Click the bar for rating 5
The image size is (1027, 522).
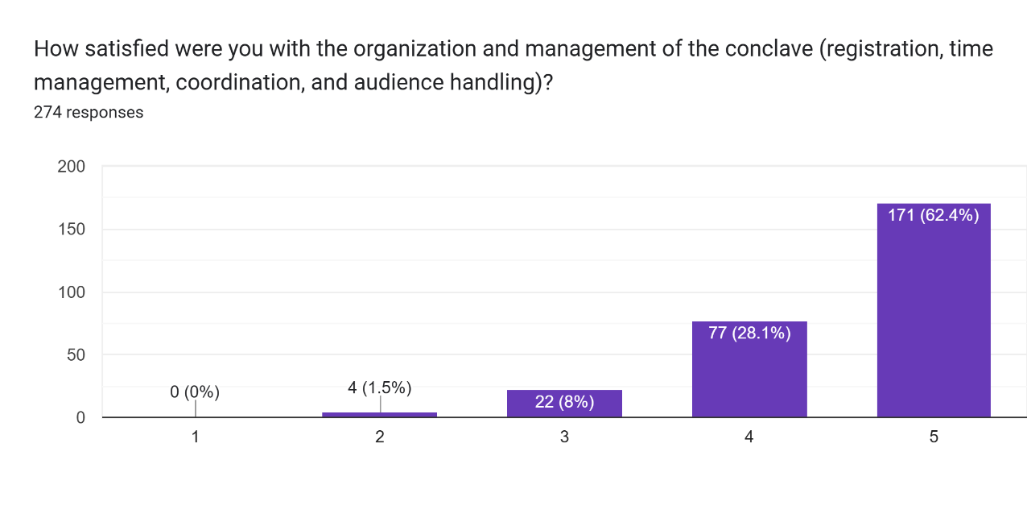pyautogui.click(x=934, y=322)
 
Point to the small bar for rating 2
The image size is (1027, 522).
pyautogui.click(x=379, y=415)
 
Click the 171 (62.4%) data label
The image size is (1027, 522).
pyautogui.click(x=934, y=215)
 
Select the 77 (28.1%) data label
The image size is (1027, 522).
pyautogui.click(x=749, y=333)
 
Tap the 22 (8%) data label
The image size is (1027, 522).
pyautogui.click(x=564, y=401)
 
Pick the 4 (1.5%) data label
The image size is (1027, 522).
pyautogui.click(x=379, y=387)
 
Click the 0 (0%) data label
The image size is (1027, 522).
pyautogui.click(x=195, y=392)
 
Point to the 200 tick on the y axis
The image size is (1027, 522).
pyautogui.click(x=71, y=167)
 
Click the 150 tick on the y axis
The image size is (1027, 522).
pyautogui.click(x=71, y=230)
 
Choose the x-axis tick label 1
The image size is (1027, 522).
pyautogui.click(x=195, y=437)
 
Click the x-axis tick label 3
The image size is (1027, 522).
pyautogui.click(x=564, y=437)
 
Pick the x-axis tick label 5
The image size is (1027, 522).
pyautogui.click(x=934, y=437)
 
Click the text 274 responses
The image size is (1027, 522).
pyautogui.click(x=89, y=112)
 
